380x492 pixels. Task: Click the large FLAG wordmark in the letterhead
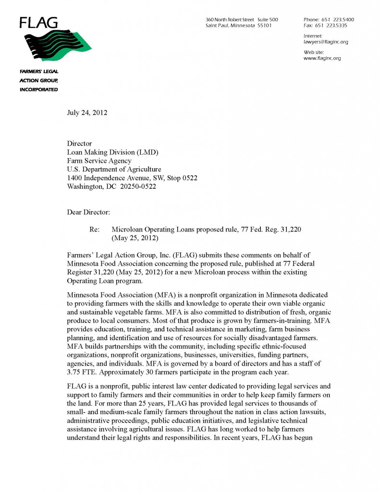[38, 22]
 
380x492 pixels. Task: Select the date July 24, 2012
[87, 113]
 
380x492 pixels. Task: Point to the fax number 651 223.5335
[336, 25]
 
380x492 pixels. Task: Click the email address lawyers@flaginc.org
[326, 42]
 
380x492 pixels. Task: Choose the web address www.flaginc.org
[322, 58]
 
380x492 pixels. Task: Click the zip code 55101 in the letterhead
[264, 25]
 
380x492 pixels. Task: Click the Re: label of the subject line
[95, 230]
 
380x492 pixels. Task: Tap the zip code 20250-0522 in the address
[138, 187]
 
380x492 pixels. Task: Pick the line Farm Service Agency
[99, 161]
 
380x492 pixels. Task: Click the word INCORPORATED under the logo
[39, 89]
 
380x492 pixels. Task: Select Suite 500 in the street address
[267, 19]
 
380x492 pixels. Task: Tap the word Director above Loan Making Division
[79, 144]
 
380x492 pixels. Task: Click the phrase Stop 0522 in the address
[182, 178]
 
